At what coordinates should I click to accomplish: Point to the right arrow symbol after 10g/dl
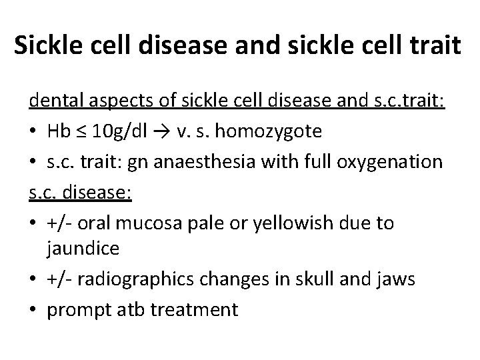pyautogui.click(x=159, y=131)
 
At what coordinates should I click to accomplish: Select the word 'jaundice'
pyautogui.click(x=84, y=249)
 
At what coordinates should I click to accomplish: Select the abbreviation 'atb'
pyautogui.click(x=131, y=310)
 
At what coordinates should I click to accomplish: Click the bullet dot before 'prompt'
pyautogui.click(x=35, y=310)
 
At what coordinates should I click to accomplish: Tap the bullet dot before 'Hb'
pyautogui.click(x=35, y=131)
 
